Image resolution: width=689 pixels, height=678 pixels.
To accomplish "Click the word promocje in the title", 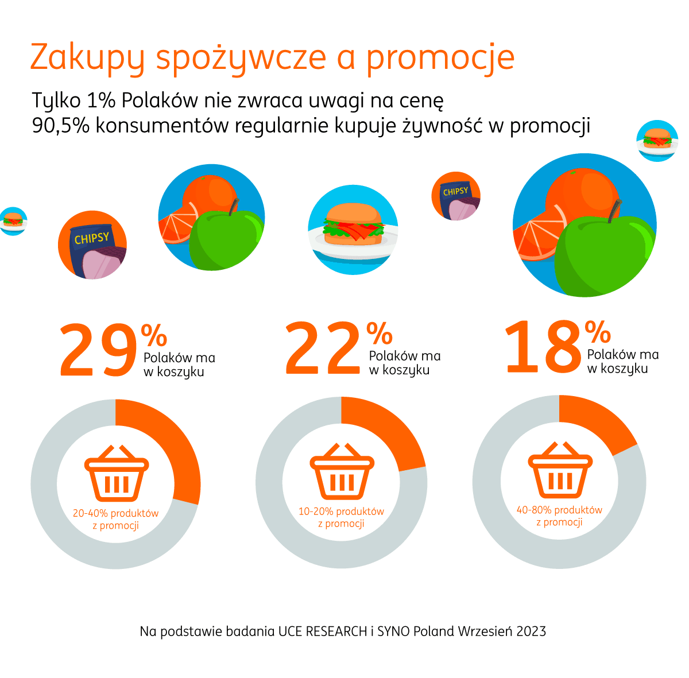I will coord(440,57).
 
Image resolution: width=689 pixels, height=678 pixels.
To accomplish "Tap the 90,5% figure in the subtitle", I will coord(61,126).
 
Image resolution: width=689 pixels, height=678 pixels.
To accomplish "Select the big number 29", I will coord(98,350).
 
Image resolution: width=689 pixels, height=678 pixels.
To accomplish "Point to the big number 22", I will coord(323,348).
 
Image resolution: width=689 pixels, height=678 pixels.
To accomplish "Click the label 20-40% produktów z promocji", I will coord(115,520).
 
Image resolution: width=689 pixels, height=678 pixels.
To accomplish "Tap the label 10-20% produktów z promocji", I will coord(341,517).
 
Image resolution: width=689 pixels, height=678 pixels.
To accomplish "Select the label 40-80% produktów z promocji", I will coord(559,516).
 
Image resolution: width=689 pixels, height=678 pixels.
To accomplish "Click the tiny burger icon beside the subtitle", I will coord(657,140).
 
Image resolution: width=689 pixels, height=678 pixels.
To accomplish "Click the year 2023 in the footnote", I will coord(531,631).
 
